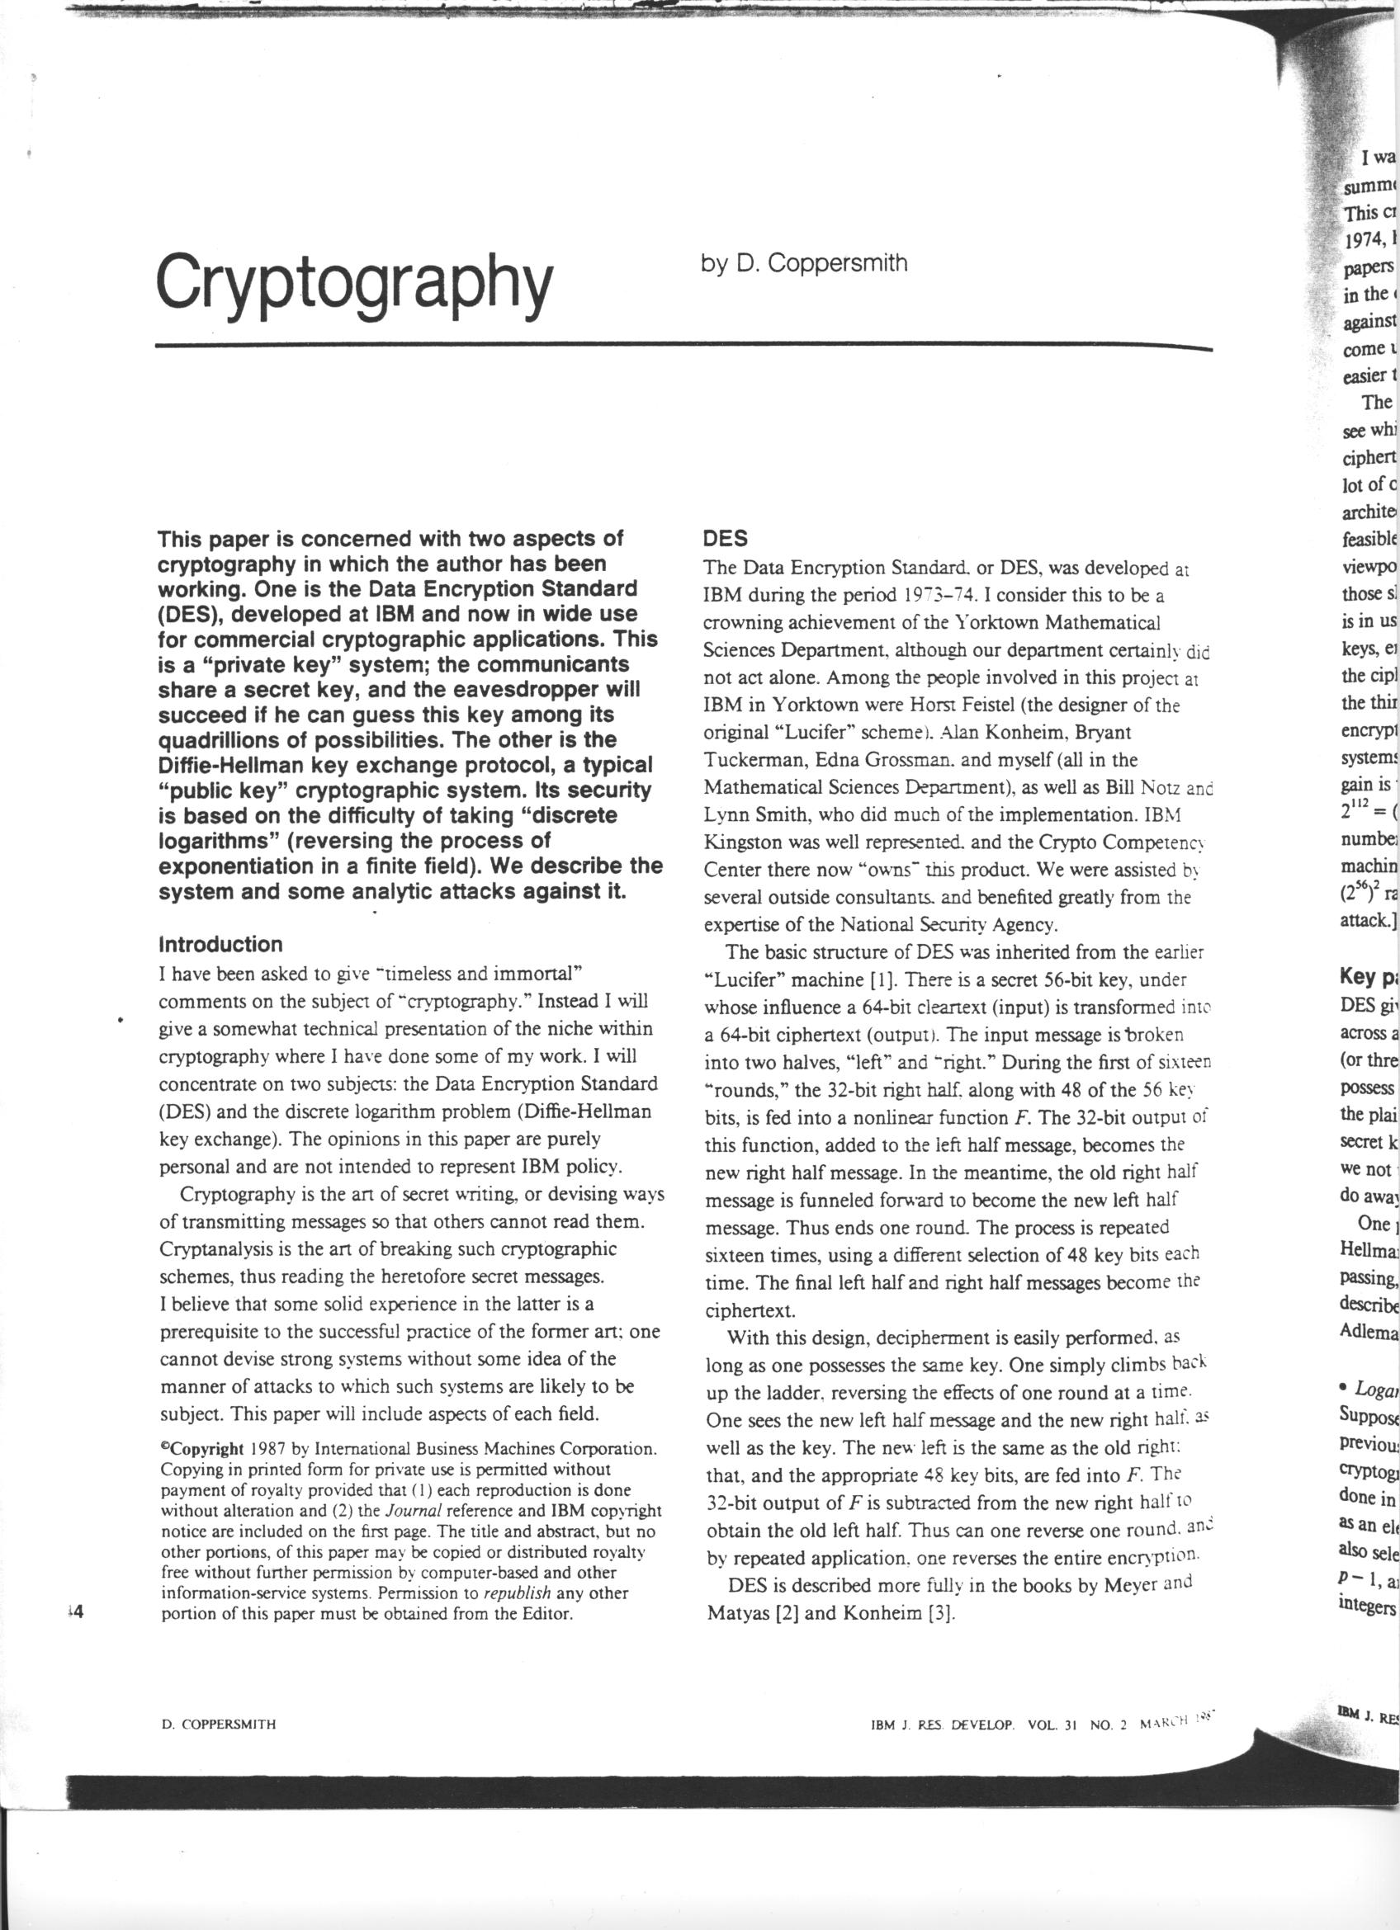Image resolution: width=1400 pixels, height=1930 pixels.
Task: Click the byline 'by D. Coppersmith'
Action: pyautogui.click(x=804, y=264)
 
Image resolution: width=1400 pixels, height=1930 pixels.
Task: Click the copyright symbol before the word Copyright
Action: pyautogui.click(x=164, y=1446)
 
